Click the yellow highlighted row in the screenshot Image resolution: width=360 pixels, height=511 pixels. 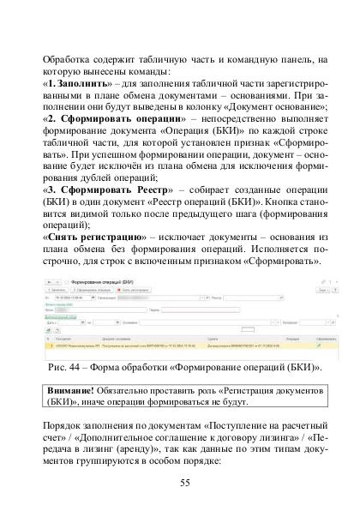(180, 350)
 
